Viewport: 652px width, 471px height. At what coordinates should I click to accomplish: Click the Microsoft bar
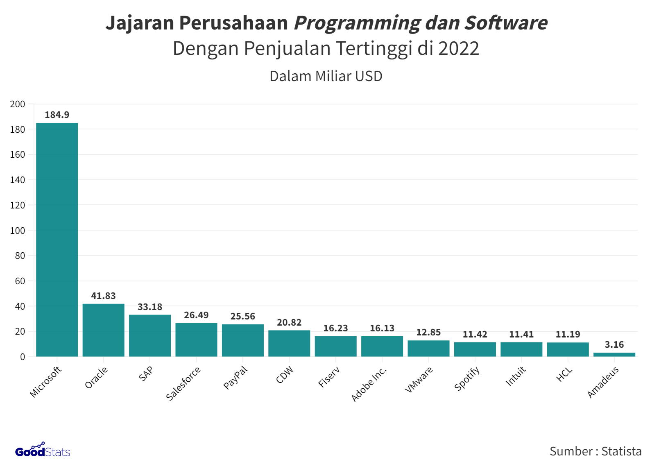(57, 240)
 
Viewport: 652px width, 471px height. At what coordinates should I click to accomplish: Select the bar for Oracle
(103, 330)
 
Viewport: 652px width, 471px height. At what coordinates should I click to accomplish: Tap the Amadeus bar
(614, 354)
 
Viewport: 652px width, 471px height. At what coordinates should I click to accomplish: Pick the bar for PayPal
(243, 340)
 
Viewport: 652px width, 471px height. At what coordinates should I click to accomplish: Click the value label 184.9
(57, 115)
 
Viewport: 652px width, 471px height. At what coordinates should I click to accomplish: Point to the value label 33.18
(150, 307)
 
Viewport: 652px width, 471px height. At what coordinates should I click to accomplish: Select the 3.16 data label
(614, 345)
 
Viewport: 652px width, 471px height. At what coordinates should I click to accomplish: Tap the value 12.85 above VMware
(428, 333)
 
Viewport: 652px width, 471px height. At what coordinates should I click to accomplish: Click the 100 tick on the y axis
(18, 231)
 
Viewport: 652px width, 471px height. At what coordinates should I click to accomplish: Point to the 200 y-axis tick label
(18, 104)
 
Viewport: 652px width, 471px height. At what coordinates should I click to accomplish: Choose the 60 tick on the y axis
(20, 281)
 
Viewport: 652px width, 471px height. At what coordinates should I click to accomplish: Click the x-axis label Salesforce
(183, 383)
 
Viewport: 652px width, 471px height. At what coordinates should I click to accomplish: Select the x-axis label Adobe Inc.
(369, 384)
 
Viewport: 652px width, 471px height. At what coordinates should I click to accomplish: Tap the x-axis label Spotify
(467, 379)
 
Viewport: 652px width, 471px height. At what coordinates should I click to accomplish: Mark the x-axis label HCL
(564, 375)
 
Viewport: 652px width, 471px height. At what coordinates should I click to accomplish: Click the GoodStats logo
(43, 451)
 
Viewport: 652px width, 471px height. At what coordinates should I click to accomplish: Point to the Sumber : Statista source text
(595, 451)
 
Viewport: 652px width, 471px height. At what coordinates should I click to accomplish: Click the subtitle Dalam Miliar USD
(326, 76)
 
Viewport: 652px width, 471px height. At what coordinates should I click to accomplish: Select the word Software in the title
(506, 23)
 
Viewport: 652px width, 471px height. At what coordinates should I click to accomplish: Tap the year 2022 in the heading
(459, 49)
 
